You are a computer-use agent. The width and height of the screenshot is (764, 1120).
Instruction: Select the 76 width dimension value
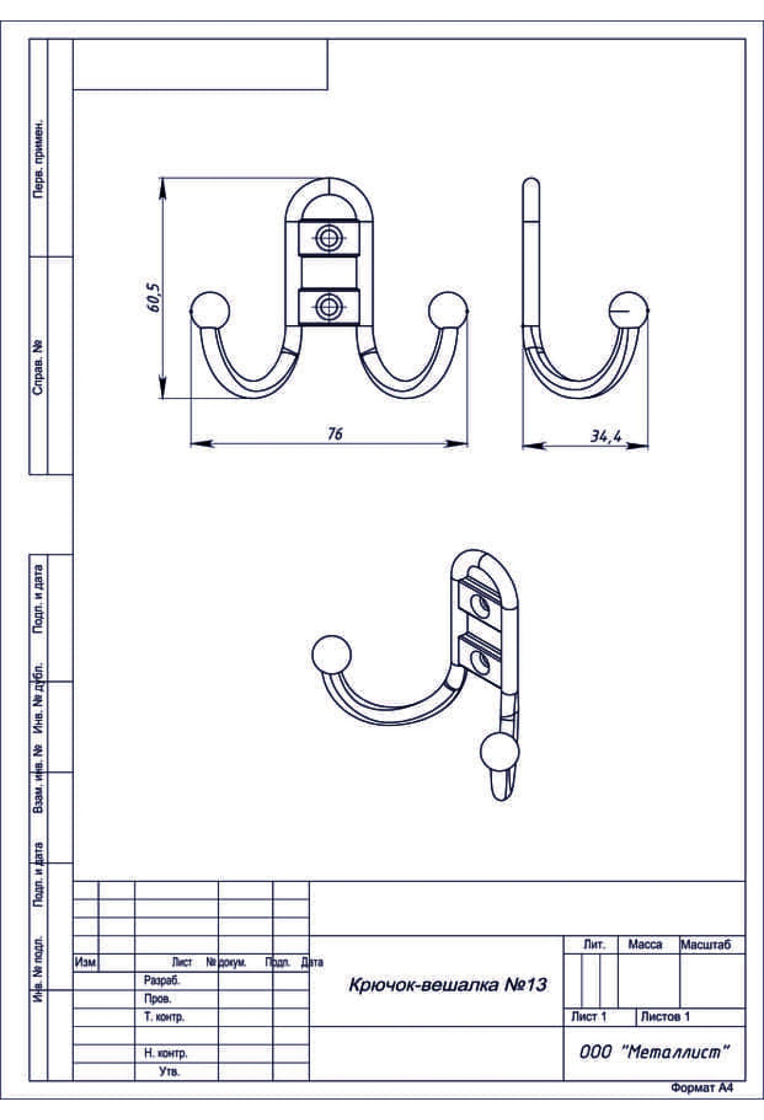(335, 433)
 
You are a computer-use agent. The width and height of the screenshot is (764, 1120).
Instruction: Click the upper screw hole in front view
(329, 239)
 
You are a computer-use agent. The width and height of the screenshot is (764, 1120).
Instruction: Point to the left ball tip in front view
(210, 311)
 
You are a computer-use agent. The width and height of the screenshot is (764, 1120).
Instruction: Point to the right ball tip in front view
(448, 311)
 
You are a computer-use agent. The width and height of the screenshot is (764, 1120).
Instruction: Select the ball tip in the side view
(629, 311)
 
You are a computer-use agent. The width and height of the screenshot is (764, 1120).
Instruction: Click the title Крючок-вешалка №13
(448, 985)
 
